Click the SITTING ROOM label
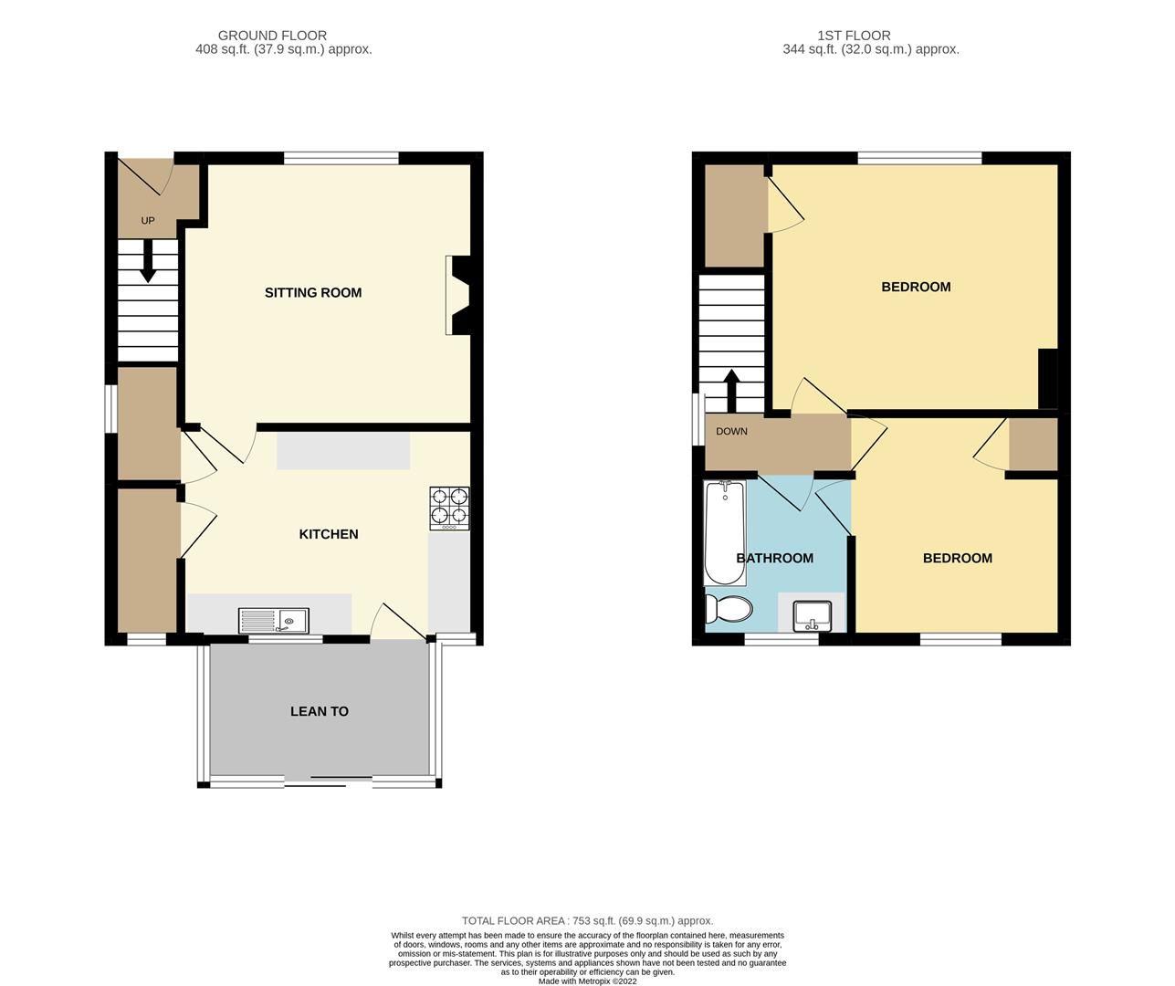pyautogui.click(x=313, y=293)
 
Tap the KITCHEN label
pyautogui.click(x=329, y=534)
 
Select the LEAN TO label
pyautogui.click(x=319, y=711)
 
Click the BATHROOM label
pyautogui.click(x=774, y=558)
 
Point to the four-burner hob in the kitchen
pyautogui.click(x=450, y=509)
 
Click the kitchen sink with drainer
pyautogui.click(x=274, y=621)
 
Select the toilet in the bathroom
pyautogui.click(x=728, y=609)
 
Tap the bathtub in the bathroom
pyautogui.click(x=725, y=534)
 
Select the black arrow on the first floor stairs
pyautogui.click(x=730, y=391)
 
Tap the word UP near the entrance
pyautogui.click(x=148, y=221)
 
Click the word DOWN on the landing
pyautogui.click(x=731, y=432)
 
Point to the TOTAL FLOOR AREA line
pyautogui.click(x=587, y=921)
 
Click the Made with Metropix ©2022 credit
pyautogui.click(x=587, y=981)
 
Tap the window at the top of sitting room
pyautogui.click(x=341, y=158)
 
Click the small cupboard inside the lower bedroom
pyautogui.click(x=1033, y=444)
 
